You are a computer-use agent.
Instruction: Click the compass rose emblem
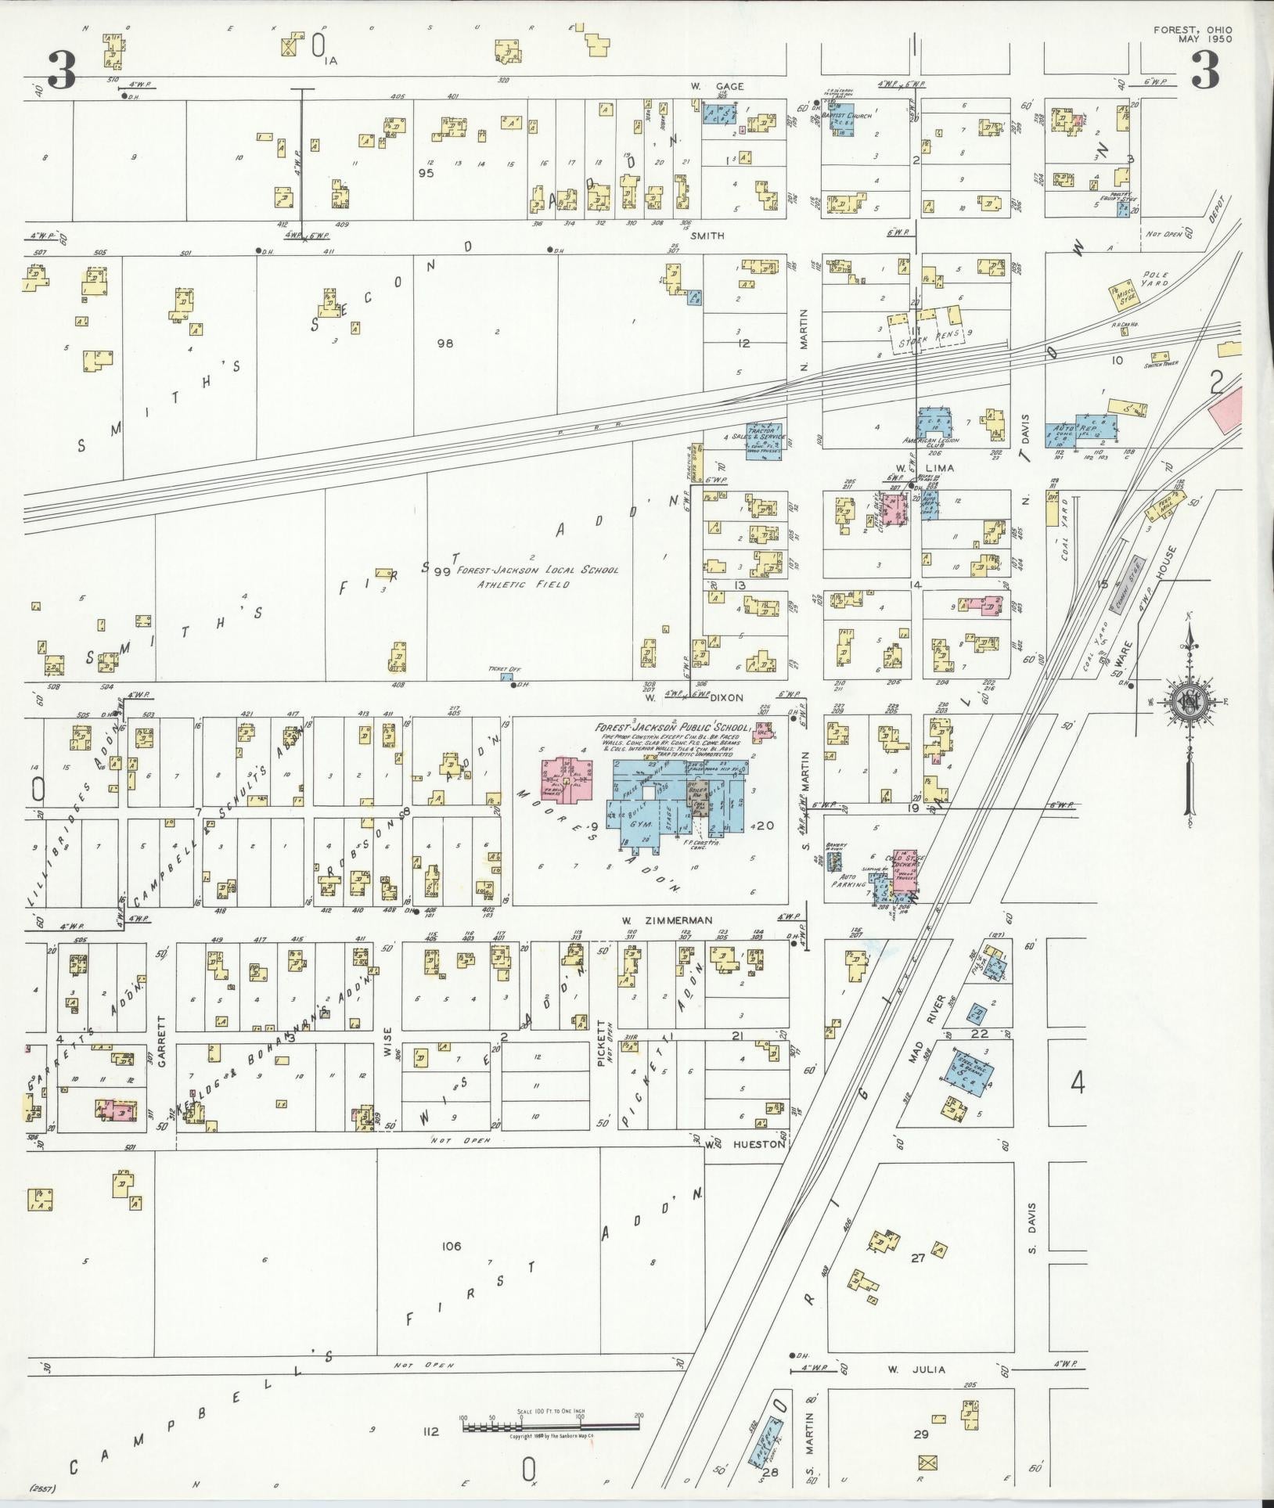pyautogui.click(x=1189, y=699)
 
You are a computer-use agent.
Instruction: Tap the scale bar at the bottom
pyautogui.click(x=552, y=1428)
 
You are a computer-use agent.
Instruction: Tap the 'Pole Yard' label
pyautogui.click(x=1154, y=279)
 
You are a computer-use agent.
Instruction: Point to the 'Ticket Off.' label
pyautogui.click(x=499, y=669)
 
